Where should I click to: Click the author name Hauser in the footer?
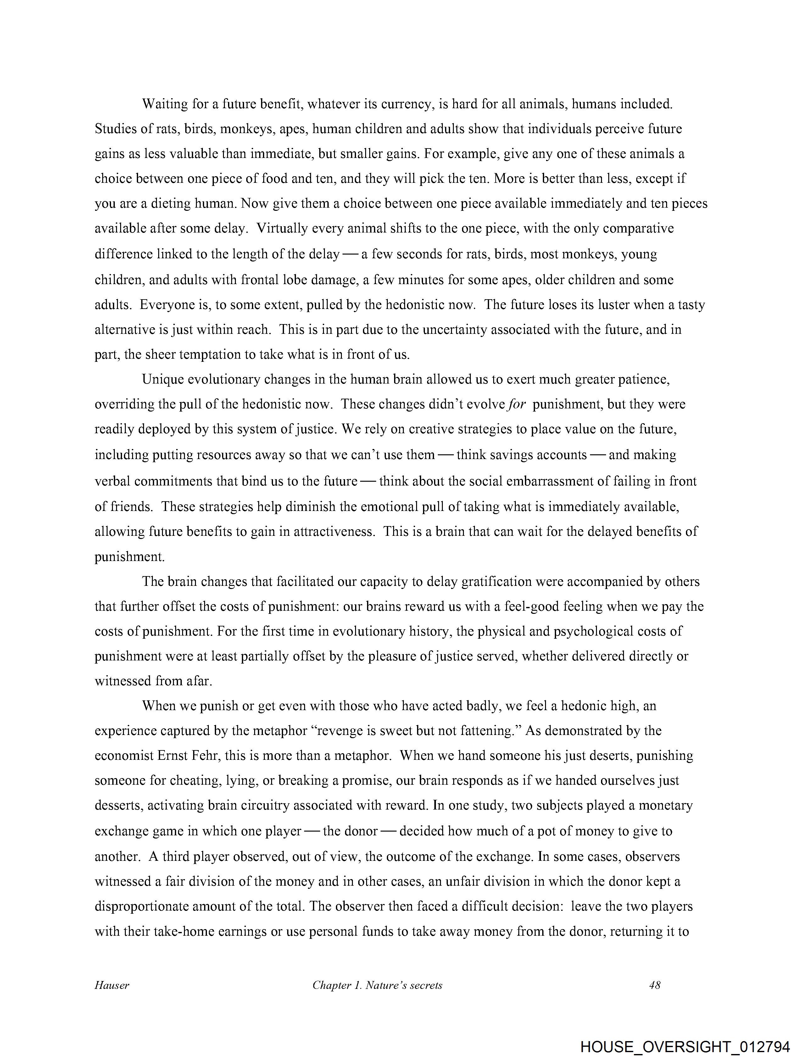112,985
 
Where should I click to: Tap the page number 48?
654,985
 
